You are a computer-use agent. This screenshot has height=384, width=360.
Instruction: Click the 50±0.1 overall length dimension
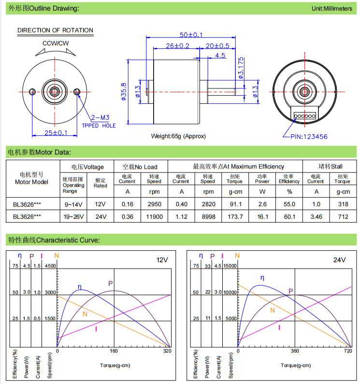[x=191, y=35]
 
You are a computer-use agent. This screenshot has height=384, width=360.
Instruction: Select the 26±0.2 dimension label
[x=177, y=46]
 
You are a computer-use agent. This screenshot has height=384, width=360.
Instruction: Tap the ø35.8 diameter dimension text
[x=124, y=91]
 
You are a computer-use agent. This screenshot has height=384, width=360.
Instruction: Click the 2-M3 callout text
[x=99, y=118]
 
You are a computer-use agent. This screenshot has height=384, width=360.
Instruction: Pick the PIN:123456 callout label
[x=309, y=137]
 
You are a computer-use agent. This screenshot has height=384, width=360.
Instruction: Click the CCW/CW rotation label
[x=56, y=43]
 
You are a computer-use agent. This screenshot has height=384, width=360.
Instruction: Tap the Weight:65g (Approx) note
[x=178, y=136]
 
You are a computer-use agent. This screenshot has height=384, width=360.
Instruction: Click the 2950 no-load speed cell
[x=154, y=204]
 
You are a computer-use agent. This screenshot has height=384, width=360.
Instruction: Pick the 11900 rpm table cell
[x=154, y=217]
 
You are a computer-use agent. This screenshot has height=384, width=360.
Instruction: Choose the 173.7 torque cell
[x=234, y=217]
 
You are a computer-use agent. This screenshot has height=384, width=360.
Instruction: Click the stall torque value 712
[x=343, y=217]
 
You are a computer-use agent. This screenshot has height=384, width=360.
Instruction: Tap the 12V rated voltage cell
[x=100, y=204]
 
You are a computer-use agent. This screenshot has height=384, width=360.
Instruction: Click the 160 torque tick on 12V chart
[x=115, y=352]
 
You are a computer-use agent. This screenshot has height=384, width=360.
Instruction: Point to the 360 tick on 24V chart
[x=294, y=352]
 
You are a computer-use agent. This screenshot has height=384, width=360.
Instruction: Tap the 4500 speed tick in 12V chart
[x=50, y=266]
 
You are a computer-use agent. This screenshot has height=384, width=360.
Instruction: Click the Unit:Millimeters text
[x=332, y=9]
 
